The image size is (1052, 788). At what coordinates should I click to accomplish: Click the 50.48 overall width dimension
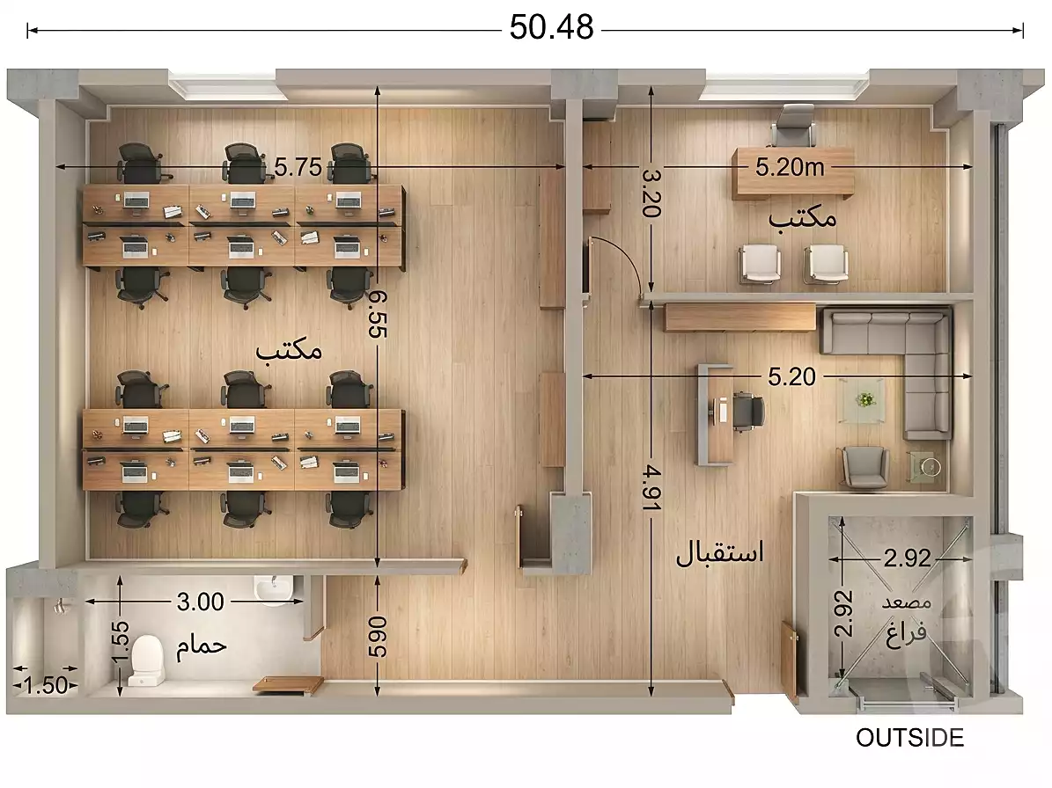coord(552,29)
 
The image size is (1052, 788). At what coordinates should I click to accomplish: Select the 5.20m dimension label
coord(790,166)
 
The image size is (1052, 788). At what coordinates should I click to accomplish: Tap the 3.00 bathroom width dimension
coord(200,602)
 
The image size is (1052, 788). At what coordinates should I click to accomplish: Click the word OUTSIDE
coord(910,738)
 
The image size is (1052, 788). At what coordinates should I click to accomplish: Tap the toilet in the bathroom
coord(145,660)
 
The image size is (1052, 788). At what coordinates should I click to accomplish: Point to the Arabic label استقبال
coord(719,553)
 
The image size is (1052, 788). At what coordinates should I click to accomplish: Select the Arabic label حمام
coord(202,646)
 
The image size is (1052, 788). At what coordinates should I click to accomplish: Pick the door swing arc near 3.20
coord(621,264)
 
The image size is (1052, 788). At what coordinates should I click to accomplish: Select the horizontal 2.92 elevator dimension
coord(907,558)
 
